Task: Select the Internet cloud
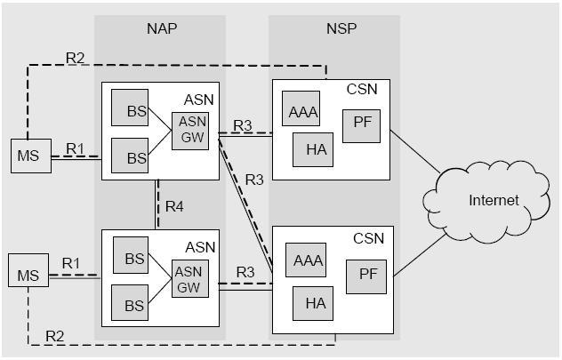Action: [x=493, y=200]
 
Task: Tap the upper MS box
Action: [x=28, y=156]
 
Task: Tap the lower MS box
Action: [x=27, y=274]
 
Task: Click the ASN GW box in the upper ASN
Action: [x=191, y=132]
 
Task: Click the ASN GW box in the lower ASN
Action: [x=190, y=279]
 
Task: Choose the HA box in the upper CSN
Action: [x=315, y=149]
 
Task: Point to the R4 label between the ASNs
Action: [x=175, y=207]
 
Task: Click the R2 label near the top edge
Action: [x=75, y=58]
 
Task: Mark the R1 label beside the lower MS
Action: [x=71, y=264]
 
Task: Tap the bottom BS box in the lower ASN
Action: [x=132, y=305]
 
